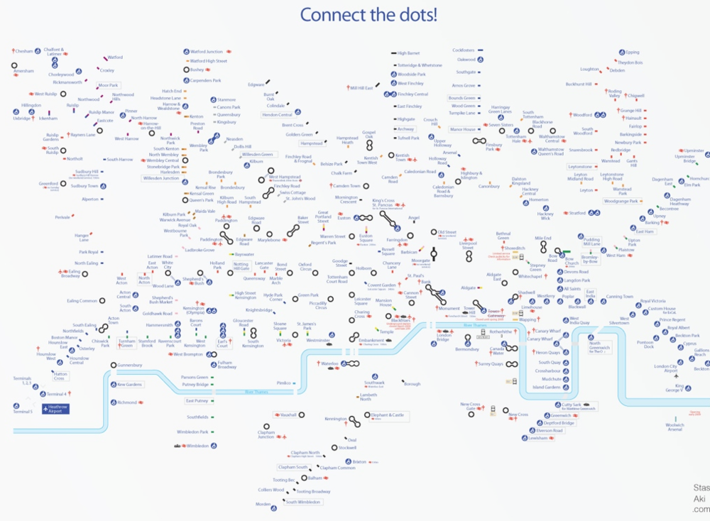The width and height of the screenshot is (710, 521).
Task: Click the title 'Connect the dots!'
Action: pyautogui.click(x=368, y=15)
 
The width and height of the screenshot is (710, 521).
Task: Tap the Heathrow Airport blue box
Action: pyautogui.click(x=56, y=408)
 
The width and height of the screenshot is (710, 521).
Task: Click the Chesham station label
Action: pyautogui.click(x=25, y=51)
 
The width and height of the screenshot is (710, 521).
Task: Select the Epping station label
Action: pyautogui.click(x=632, y=52)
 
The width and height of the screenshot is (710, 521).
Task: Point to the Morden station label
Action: pyautogui.click(x=263, y=504)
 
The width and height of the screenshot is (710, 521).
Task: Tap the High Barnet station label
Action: pyautogui.click(x=408, y=53)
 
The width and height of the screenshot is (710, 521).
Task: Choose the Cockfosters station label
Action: pyautogui.click(x=463, y=50)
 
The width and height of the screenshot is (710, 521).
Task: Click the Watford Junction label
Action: pyautogui.click(x=207, y=52)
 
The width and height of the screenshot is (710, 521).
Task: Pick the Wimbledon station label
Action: pyautogui.click(x=197, y=446)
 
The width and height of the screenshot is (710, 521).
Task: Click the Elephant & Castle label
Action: pyautogui.click(x=388, y=415)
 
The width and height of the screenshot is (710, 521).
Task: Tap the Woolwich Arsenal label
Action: pyautogui.click(x=674, y=427)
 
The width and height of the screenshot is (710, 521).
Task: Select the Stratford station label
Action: pyautogui.click(x=578, y=213)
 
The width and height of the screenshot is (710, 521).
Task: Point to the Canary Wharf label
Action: pyautogui.click(x=547, y=331)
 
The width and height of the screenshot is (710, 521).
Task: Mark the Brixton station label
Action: pyautogui.click(x=359, y=461)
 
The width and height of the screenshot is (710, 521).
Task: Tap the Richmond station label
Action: pyautogui.click(x=127, y=402)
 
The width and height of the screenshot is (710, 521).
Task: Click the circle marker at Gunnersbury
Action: pyautogui.click(x=113, y=366)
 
